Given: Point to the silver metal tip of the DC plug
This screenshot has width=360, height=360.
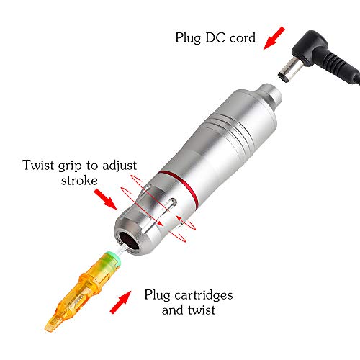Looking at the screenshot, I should [x=286, y=71].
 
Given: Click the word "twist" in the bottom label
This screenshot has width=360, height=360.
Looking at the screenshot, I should [x=198, y=311].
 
